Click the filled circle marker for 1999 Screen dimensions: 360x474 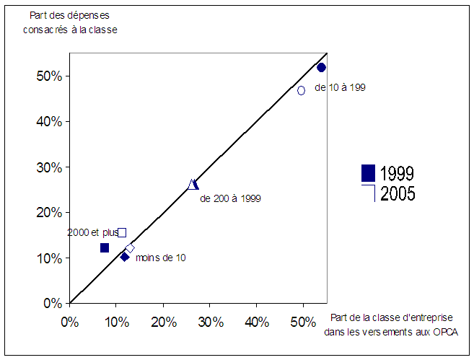click(322, 67)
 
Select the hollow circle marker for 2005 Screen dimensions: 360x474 click(301, 90)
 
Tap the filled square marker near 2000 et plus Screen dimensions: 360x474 click(105, 248)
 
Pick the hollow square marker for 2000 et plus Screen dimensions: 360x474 click(122, 232)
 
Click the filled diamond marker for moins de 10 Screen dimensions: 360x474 click(125, 256)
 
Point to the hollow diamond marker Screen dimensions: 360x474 click(130, 248)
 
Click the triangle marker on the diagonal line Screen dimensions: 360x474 click(193, 185)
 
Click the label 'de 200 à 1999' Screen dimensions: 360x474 click(230, 198)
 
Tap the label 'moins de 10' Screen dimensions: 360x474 click(161, 258)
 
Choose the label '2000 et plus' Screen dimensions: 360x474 click(92, 232)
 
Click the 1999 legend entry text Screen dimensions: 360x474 click(397, 174)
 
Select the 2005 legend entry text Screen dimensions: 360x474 click(397, 193)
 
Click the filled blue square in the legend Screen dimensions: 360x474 click(368, 173)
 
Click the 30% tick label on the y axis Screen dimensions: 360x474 click(53, 167)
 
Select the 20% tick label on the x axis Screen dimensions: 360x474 click(163, 321)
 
